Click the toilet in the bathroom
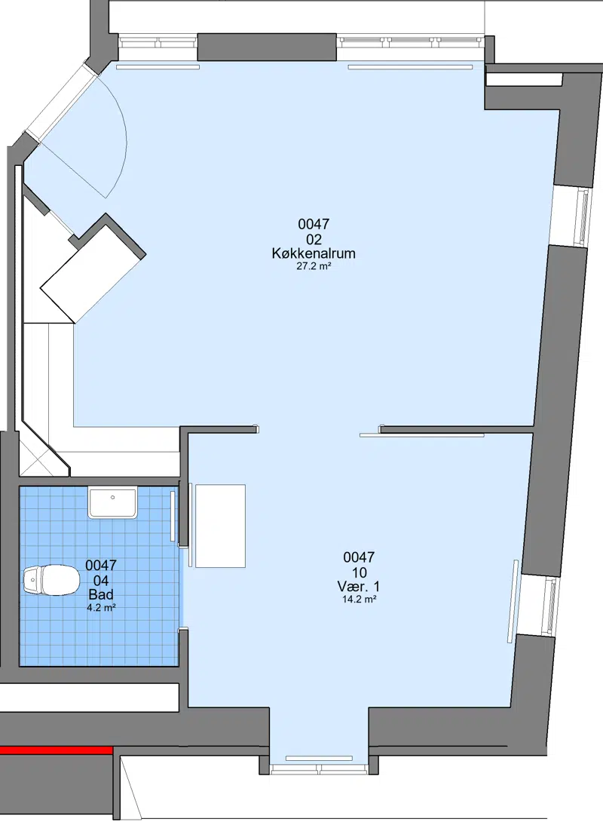51,579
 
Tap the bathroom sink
112,502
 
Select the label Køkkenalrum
314,253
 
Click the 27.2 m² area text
314,265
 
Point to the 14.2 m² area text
359,600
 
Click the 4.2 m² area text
101,608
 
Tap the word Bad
101,594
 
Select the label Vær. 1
359,586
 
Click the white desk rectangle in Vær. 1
220,526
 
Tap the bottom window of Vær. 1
319,769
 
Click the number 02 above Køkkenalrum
314,240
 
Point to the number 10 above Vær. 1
359,572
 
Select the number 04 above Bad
101,581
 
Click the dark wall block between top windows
267,48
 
